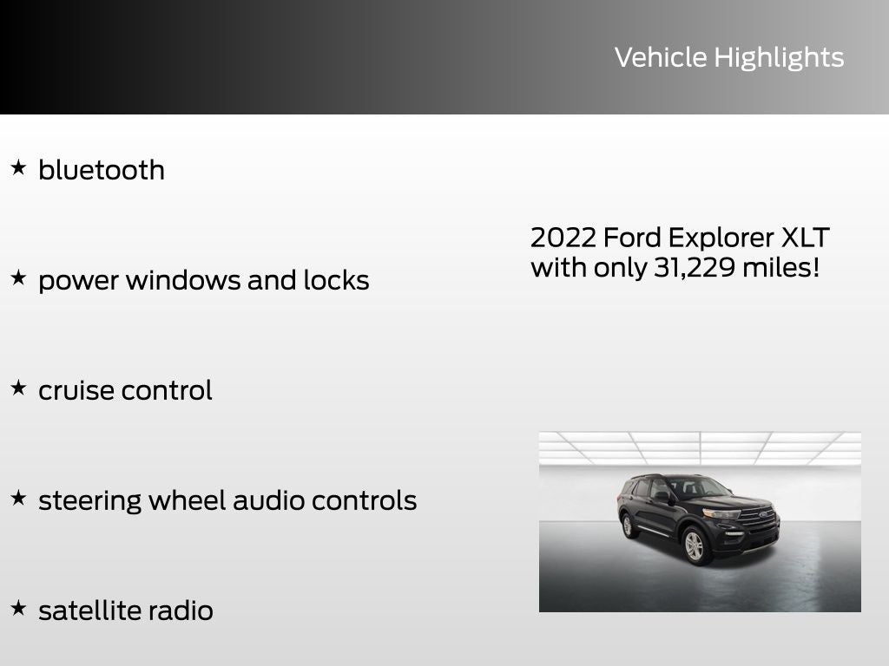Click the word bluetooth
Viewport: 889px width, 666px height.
pyautogui.click(x=102, y=170)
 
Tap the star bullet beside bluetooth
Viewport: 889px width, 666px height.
pyautogui.click(x=18, y=167)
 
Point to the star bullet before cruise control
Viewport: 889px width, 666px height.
pyautogui.click(x=18, y=388)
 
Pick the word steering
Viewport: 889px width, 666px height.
pyautogui.click(x=90, y=501)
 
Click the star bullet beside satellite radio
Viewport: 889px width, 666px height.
pyautogui.click(x=18, y=608)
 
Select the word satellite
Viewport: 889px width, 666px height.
pyautogui.click(x=88, y=610)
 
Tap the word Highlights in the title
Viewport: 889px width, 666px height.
pyautogui.click(x=779, y=58)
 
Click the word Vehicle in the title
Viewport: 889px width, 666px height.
pyautogui.click(x=661, y=58)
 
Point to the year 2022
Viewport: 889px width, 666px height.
pyautogui.click(x=563, y=238)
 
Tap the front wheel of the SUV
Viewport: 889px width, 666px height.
pyautogui.click(x=694, y=546)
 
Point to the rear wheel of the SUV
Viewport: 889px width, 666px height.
pyautogui.click(x=629, y=526)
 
